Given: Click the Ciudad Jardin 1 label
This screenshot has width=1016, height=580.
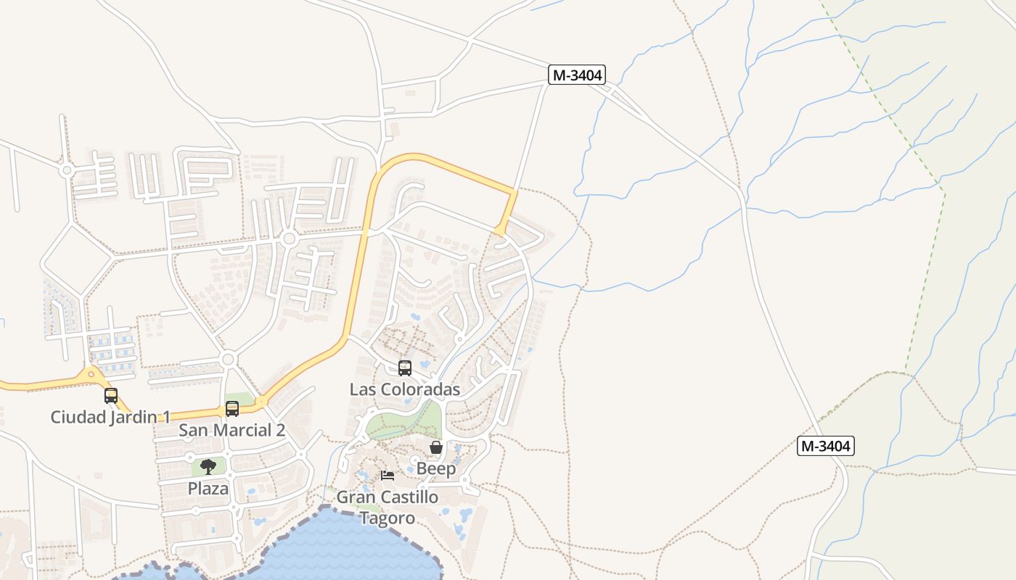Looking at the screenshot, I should click(x=110, y=417).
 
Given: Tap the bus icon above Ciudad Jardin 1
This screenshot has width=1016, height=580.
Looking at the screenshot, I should click(x=111, y=396).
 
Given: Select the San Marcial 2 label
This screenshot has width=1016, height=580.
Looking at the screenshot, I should click(x=232, y=430).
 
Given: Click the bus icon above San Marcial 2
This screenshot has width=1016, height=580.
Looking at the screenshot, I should click(x=232, y=409).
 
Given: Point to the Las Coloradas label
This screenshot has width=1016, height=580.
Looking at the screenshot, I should click(x=405, y=389).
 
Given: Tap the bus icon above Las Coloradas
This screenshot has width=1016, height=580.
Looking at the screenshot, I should click(x=405, y=368).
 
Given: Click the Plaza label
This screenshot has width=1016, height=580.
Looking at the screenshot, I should click(x=208, y=488).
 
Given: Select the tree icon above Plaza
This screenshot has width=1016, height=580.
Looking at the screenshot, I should click(x=208, y=466).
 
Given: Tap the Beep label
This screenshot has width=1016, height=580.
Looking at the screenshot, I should click(x=436, y=468).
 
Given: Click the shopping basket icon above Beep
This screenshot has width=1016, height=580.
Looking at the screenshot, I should click(x=436, y=447).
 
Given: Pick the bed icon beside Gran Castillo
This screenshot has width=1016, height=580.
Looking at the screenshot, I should click(x=388, y=476).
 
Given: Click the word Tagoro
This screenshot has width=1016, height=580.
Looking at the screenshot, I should click(x=388, y=518).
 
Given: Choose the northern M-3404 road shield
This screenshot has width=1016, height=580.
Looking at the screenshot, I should click(x=577, y=75).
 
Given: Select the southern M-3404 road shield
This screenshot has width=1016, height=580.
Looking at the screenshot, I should click(x=826, y=446).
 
